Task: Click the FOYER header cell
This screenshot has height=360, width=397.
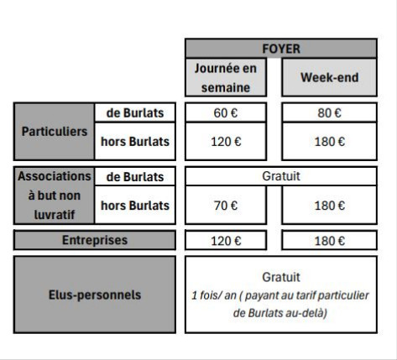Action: coord(281,49)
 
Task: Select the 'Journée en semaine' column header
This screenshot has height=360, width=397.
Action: coord(226,77)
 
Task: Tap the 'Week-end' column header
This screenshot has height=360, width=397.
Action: coord(330,77)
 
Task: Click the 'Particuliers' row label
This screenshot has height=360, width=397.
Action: coord(55,132)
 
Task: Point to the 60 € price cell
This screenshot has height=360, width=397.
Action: coord(226,112)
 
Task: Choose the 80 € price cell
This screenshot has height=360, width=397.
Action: coord(330,112)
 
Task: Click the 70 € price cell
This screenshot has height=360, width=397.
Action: coord(226,206)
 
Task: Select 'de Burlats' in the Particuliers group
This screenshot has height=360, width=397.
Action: coord(135,112)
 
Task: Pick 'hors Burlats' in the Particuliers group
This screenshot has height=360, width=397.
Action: coord(135,141)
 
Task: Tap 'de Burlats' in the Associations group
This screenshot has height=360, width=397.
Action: coord(135,176)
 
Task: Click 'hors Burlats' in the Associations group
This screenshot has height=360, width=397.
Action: coord(135,206)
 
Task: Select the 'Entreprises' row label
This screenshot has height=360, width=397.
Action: coord(95,240)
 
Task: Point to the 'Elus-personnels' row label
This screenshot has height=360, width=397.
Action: coord(95,295)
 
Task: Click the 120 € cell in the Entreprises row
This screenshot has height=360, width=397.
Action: coord(226,241)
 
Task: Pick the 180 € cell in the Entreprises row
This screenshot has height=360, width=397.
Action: coord(330,241)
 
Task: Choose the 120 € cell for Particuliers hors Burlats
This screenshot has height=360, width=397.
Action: coord(226,141)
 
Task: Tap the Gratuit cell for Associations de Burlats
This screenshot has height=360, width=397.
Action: coord(281,176)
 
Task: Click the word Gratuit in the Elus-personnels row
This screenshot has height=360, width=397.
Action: coord(281,277)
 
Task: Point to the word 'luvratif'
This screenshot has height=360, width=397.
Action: coord(55,215)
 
